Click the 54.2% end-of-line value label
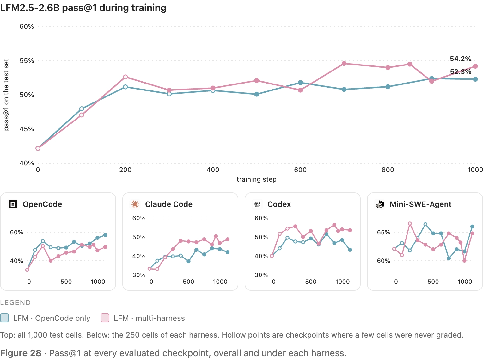[x=460, y=59]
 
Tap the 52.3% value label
[x=460, y=72]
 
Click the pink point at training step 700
[x=344, y=63]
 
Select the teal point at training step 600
[x=300, y=83]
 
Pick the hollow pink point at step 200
[x=125, y=77]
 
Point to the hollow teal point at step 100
[x=82, y=109]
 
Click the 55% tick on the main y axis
[x=27, y=61]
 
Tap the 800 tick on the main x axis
[x=388, y=170]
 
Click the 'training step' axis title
[x=257, y=179]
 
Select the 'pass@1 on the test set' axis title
[x=6, y=95]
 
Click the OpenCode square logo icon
[x=13, y=204]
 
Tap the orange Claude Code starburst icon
[x=135, y=204]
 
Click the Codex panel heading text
[x=279, y=204]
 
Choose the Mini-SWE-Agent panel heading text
[x=420, y=204]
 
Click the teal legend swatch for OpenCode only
[x=4, y=318]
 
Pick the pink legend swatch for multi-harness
[x=105, y=318]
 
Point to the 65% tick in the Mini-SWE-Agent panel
[x=383, y=232]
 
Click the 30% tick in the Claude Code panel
[x=139, y=275]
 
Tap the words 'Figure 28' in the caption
[x=21, y=353]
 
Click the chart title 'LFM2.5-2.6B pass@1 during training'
[x=83, y=8]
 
